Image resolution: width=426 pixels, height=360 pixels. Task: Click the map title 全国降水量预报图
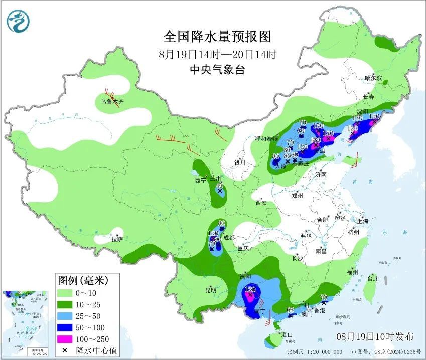coord(217,37)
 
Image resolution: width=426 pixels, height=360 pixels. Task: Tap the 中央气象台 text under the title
coord(217,70)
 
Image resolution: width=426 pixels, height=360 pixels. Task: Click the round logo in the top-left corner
coord(19,21)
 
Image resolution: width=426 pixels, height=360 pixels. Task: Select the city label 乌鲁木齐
coord(111,102)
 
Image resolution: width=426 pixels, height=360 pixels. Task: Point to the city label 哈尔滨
coord(373,78)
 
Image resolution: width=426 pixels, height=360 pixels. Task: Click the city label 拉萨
coord(116,240)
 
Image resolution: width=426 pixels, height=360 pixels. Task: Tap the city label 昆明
coord(210,290)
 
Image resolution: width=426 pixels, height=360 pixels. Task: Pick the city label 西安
coord(261,203)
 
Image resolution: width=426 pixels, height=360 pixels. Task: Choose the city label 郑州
coord(297,196)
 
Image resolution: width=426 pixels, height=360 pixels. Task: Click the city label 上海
coord(363,221)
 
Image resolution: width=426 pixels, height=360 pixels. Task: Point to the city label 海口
coord(287,334)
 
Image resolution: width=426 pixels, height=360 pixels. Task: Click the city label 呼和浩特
coord(265,139)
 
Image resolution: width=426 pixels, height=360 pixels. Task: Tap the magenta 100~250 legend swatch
coord(64,339)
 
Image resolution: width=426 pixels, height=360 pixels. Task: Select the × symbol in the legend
coord(64,350)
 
